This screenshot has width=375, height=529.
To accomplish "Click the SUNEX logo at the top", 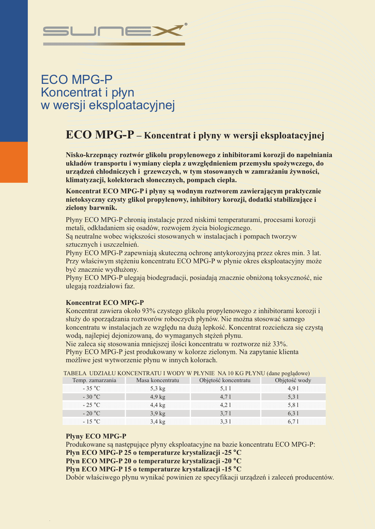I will (x=114, y=32).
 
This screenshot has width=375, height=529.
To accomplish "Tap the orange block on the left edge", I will (x=14, y=162).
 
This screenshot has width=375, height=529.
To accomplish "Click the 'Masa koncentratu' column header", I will (x=157, y=380).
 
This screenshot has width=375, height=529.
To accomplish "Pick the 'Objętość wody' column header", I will (x=293, y=380).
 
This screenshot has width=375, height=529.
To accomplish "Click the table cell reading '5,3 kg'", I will (x=157, y=388).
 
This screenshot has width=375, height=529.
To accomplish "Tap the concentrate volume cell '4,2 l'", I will (x=225, y=405).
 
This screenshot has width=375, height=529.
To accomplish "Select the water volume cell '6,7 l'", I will (x=293, y=422).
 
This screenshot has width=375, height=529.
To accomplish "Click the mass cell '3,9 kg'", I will (x=157, y=413).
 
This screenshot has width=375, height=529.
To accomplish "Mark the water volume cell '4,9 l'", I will (x=293, y=388).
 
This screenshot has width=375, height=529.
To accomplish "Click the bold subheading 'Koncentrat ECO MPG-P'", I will (x=104, y=302).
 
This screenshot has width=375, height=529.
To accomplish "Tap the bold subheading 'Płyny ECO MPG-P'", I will (x=96, y=437).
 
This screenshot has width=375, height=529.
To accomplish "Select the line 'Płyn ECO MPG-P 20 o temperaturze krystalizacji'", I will (x=153, y=461).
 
